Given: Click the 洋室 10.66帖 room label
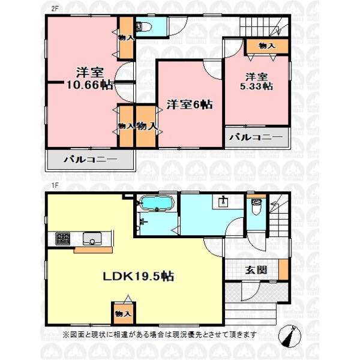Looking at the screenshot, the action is coord(90,79).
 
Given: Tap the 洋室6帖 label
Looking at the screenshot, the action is coord(190,104).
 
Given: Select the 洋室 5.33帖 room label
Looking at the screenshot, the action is coord(256,82).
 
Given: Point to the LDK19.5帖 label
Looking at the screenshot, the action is coord(139,276).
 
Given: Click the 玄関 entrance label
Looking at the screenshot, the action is coord(256,270).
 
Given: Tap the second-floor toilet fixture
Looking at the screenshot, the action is coord(143,27).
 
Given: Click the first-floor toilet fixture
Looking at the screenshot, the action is coord(256,206).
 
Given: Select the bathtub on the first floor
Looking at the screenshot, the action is coord(157,203).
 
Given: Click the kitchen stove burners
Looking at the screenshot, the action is coord(62,239).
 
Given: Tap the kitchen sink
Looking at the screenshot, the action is coord(92,239).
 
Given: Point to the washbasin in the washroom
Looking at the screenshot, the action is coord(223,202).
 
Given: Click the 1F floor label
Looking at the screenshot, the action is coord(55,185).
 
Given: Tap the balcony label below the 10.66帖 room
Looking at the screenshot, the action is coord(91,160).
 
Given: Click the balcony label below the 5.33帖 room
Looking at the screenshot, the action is coord(256,137).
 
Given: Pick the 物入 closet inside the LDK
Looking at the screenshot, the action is coord(124,314).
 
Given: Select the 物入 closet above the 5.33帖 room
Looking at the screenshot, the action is coord(267,46).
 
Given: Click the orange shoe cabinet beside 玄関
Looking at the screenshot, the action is coord(284,269).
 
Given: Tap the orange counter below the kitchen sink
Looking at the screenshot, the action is coord(93,250).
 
